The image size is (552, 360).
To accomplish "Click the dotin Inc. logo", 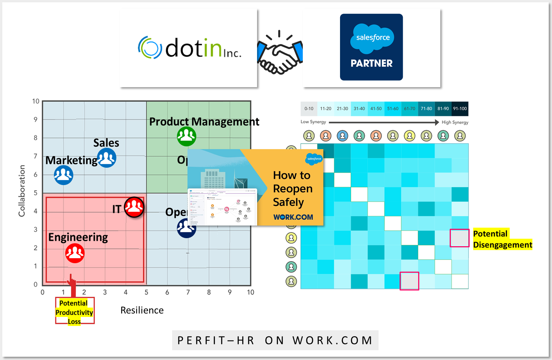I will coord(189,48).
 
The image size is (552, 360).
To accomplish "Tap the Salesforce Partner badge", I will coord(371,47).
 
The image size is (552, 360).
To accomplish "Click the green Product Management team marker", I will coord(187,136).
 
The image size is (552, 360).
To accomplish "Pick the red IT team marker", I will coord(134,207).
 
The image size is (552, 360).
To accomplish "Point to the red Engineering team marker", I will coord(75,253).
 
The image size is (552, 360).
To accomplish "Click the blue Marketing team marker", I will coord(63,175).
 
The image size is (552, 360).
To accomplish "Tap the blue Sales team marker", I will coord(107,158).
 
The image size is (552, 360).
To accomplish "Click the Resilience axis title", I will coord(142,310).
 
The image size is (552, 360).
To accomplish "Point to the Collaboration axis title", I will coord(22,191).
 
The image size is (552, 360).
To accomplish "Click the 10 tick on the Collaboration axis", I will coord(36,102).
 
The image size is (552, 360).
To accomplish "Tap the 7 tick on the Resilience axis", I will coord(188,292).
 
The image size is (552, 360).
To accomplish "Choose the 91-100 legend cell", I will coord(460,109).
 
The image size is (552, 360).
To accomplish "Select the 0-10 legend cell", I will coord(309,109).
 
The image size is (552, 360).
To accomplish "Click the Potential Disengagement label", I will coord(502,239).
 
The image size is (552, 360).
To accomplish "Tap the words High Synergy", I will coord(455,122).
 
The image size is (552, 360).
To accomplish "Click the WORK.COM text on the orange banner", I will coord(293,217).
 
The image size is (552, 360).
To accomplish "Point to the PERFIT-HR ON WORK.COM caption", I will coord(275,340).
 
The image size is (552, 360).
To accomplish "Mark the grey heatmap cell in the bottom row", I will coord(410,281).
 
